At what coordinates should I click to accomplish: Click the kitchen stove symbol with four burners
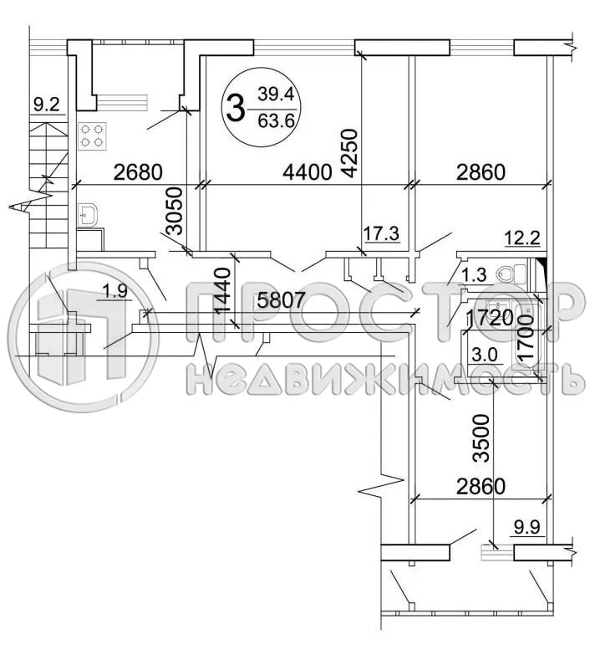tap(92, 136)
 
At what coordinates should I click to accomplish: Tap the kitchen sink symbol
tap(87, 216)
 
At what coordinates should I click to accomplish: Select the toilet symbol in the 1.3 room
tap(512, 274)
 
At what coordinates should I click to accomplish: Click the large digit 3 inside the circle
tap(236, 108)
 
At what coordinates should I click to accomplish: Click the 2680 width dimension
tap(139, 172)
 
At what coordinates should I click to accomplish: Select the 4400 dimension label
tap(308, 172)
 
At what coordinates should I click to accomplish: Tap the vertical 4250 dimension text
tap(351, 154)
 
